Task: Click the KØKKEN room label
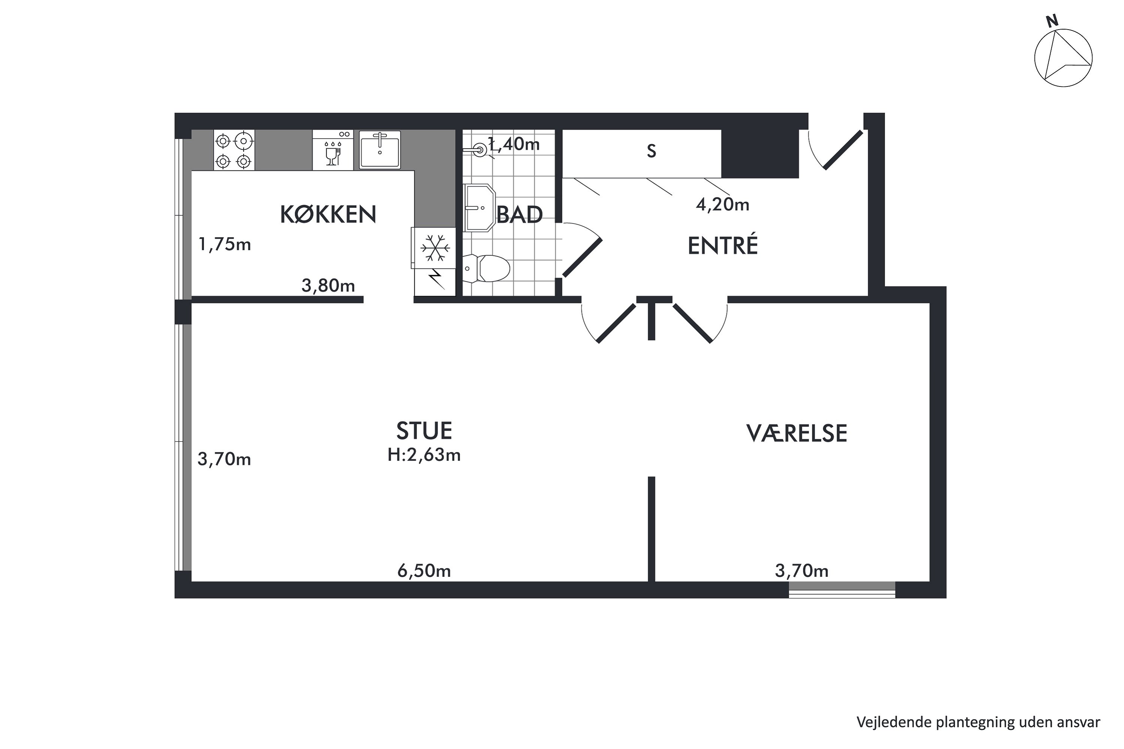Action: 328,215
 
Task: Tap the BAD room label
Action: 519,215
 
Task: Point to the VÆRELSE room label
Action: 797,433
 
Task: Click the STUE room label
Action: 424,431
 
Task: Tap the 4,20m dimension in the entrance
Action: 723,204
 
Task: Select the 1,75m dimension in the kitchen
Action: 224,245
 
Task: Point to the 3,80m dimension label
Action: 328,286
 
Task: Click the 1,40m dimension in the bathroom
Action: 514,144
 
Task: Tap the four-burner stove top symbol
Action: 234,150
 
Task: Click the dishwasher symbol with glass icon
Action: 333,150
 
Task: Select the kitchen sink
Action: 380,150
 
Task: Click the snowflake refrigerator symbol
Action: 434,248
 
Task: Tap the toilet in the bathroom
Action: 486,269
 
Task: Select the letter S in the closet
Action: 652,151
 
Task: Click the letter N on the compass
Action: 1052,21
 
